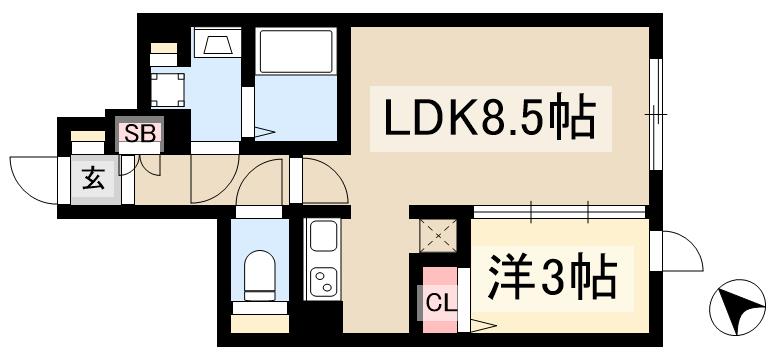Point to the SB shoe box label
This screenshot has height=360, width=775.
[139, 134]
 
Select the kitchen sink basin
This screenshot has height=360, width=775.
[323, 237]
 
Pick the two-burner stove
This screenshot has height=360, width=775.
[323, 280]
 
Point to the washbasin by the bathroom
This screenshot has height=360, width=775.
[214, 44]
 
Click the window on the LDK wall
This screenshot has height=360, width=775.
[656, 115]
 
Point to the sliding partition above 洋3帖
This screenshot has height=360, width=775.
[560, 210]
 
